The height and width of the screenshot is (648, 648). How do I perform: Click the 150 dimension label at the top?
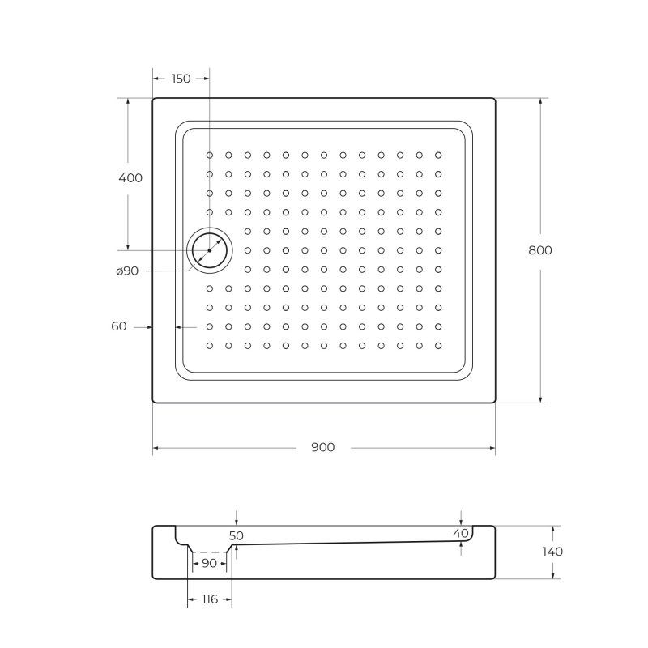pos(181,79)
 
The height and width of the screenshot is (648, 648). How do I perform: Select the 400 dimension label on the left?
pos(130,177)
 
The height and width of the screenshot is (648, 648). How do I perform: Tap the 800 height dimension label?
pos(540,250)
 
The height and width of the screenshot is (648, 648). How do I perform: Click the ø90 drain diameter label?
pos(127,271)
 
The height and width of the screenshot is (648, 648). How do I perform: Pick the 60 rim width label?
pos(119,326)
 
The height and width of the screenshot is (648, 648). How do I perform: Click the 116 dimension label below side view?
pos(209,599)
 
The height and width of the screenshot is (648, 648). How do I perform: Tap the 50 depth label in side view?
pos(236,535)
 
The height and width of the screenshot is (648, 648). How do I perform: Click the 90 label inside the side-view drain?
pos(209,563)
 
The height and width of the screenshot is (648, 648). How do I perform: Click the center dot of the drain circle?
pos(209,251)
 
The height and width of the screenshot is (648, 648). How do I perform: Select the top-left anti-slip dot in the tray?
pos(209,154)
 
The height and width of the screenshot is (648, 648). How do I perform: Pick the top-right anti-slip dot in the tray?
pos(438,154)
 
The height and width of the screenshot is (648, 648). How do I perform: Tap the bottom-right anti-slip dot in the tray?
pos(438,346)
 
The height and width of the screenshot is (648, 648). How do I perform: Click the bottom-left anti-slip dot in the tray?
pos(209,346)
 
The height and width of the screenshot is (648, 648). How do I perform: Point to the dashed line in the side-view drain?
pos(210,553)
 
